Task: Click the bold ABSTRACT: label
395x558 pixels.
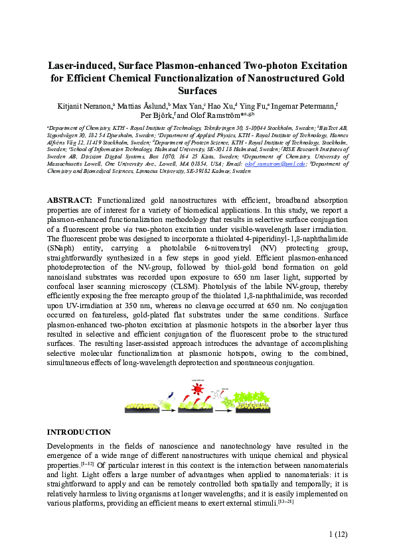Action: pyautogui.click(x=70, y=199)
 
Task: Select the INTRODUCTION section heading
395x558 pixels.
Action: pyautogui.click(x=78, y=431)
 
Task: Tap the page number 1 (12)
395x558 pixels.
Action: pyautogui.click(x=338, y=533)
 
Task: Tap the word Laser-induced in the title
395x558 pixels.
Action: pyautogui.click(x=84, y=66)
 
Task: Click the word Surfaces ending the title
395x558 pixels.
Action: pyautogui.click(x=197, y=91)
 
